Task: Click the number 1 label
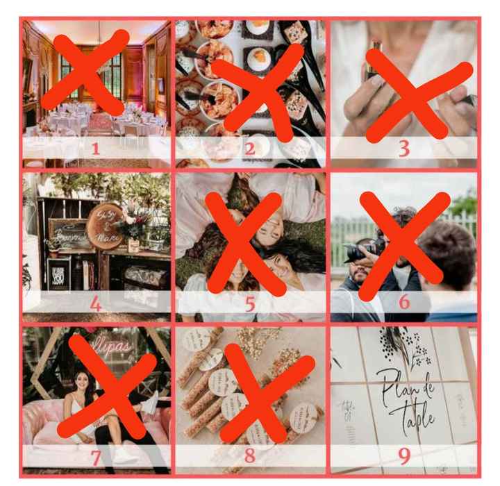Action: coord(96,148)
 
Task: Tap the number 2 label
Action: coord(250,148)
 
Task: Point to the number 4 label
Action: coord(96,303)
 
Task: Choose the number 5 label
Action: coord(250,303)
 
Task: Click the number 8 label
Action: coord(250,456)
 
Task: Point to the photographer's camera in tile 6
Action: coord(365,248)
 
